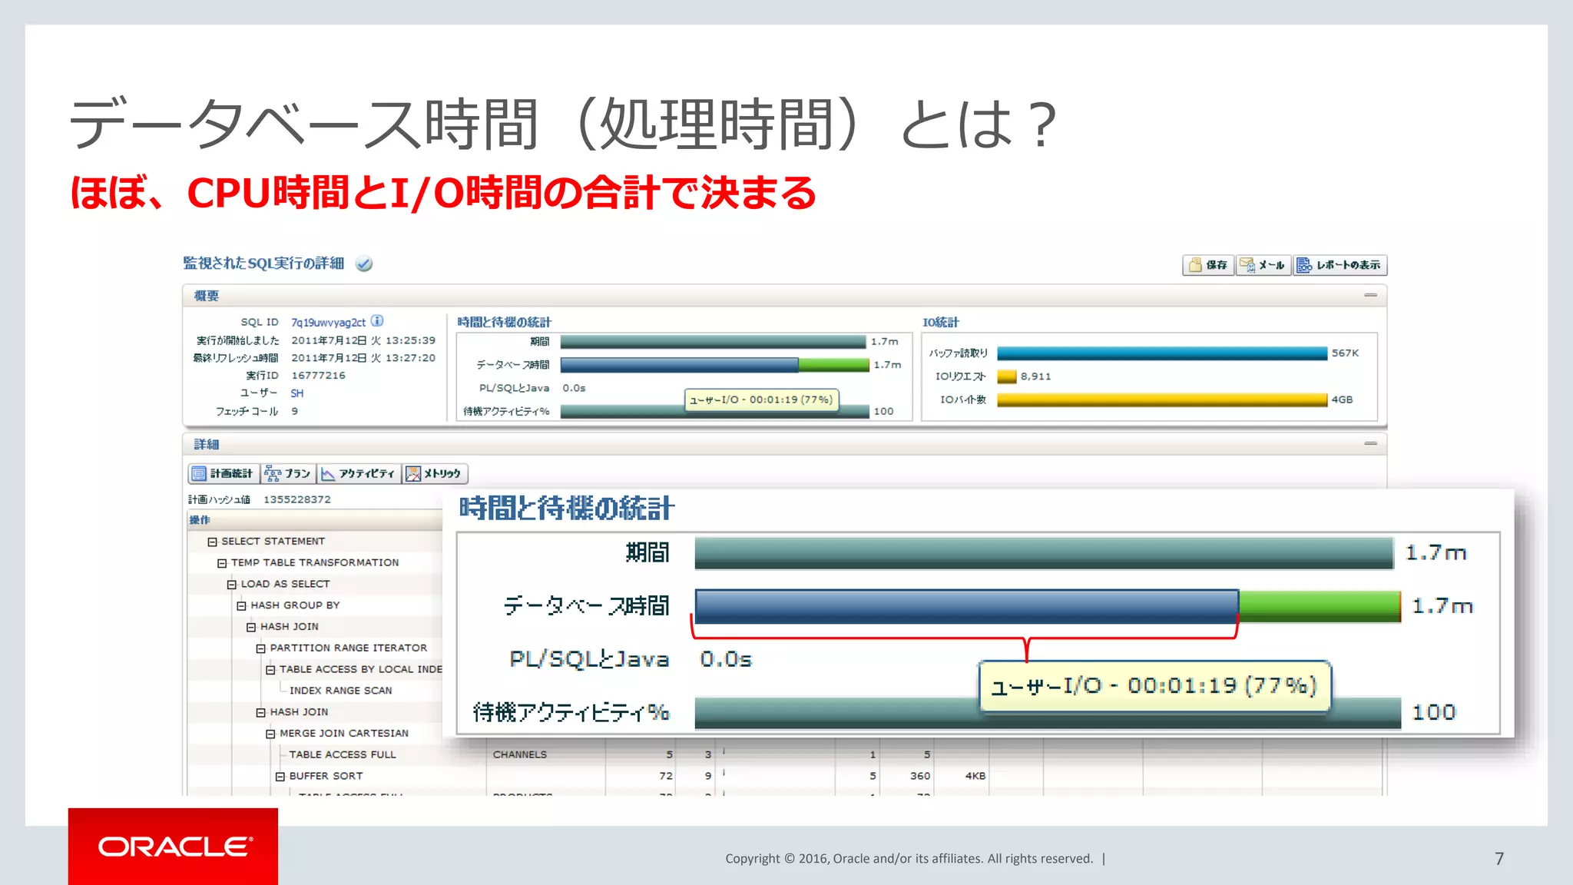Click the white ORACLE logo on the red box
coord(174,847)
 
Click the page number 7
coord(1498,858)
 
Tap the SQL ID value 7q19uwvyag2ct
coord(328,323)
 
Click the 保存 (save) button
coord(1208,265)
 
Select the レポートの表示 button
coord(1340,265)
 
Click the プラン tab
coord(289,474)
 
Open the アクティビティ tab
coord(359,474)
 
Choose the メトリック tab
coord(434,474)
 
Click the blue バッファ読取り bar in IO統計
coord(1161,353)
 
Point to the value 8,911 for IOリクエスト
coord(1035,376)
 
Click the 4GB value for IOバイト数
coord(1342,399)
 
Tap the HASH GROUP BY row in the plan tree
coord(295,605)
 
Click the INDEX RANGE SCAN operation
coord(340,691)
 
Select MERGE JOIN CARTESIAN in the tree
coord(343,734)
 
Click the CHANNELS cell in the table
coord(520,754)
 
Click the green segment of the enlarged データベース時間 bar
coord(1320,605)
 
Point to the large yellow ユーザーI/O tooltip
coord(1154,685)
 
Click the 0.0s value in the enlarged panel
coord(725,659)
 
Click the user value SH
coord(297,393)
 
